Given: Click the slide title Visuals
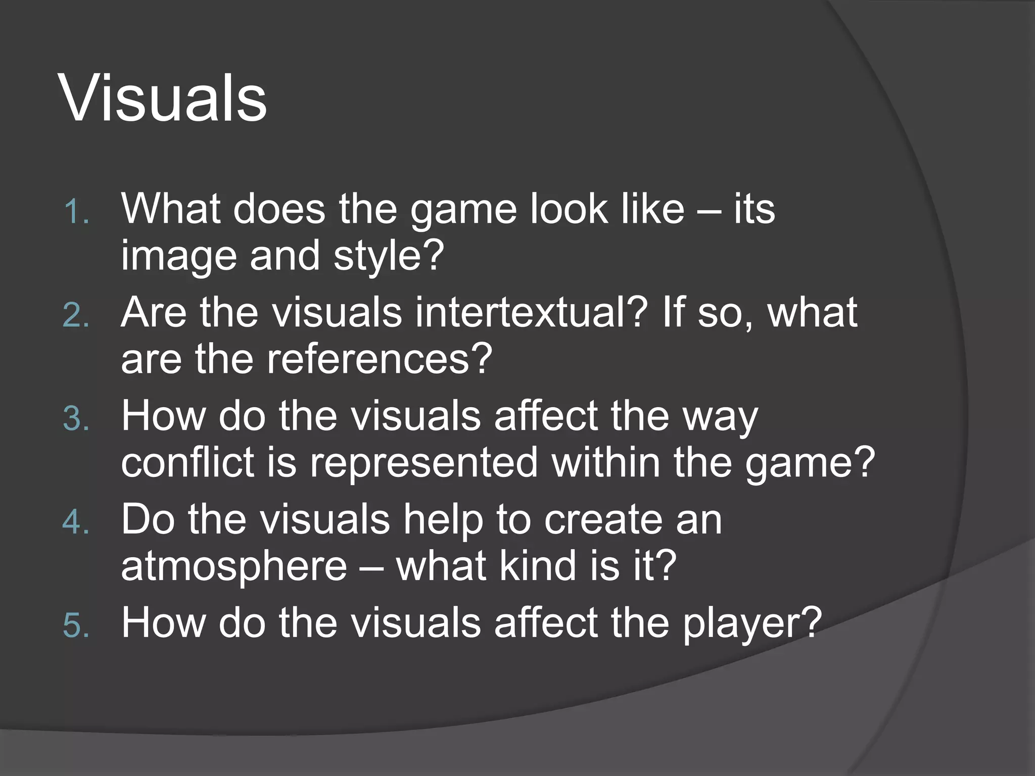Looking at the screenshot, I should pos(163,98).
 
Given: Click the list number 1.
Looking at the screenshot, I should pos(76,211).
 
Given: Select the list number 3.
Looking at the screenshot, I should pos(76,419).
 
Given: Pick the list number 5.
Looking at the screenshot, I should pos(76,625).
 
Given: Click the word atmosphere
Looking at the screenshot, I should pos(234,566).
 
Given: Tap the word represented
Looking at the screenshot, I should pos(424,463).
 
